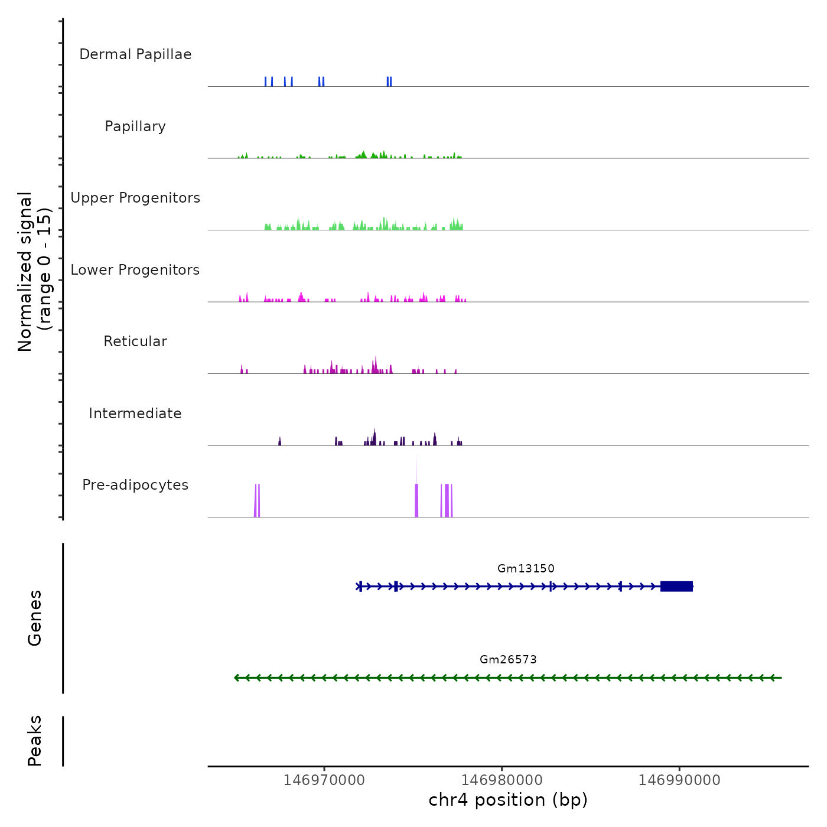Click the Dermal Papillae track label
(135, 54)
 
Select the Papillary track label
(135, 126)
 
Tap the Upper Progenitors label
(135, 198)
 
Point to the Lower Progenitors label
(135, 270)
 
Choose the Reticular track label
(135, 341)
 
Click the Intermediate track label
(135, 413)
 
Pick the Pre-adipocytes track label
(135, 485)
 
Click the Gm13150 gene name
(526, 569)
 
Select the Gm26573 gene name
(508, 660)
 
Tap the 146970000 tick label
(324, 780)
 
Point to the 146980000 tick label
(502, 780)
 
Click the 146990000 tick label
(679, 780)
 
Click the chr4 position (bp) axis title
(508, 800)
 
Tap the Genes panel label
(35, 618)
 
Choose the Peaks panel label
(35, 741)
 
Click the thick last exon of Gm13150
(676, 587)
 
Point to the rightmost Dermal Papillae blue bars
(389, 82)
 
